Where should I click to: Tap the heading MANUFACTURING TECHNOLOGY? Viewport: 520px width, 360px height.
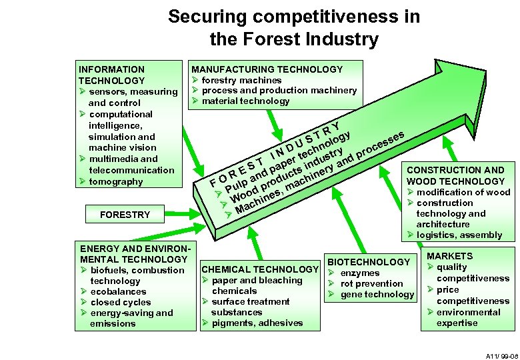click(x=267, y=69)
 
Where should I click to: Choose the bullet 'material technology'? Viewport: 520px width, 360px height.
click(x=245, y=101)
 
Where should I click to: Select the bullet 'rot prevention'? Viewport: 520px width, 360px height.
click(x=372, y=283)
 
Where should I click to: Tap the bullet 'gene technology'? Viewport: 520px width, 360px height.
click(x=377, y=294)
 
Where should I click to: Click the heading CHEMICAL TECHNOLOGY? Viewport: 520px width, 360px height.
click(x=260, y=269)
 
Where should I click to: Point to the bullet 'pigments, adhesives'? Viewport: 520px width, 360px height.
click(x=257, y=323)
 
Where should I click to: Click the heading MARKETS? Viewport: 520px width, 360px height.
click(x=450, y=256)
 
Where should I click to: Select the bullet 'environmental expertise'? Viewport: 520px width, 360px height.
click(x=467, y=317)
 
